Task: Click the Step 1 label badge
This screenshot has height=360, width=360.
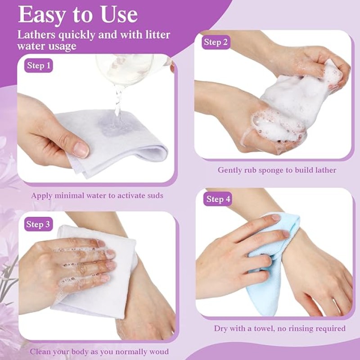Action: coord(39,66)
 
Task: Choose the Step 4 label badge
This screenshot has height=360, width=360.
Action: coord(218,199)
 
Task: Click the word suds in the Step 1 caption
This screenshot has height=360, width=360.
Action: coord(153,195)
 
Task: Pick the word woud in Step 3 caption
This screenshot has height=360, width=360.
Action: coord(158,351)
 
